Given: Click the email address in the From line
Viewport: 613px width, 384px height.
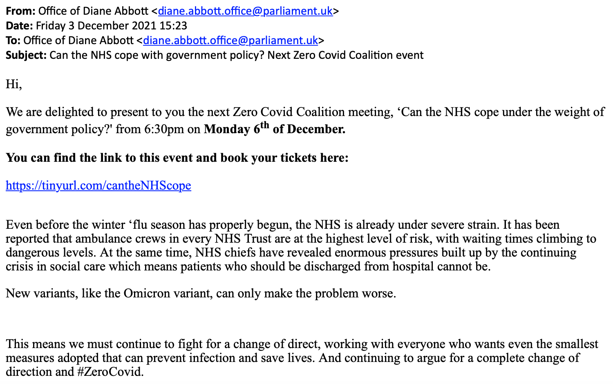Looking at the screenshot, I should (245, 11).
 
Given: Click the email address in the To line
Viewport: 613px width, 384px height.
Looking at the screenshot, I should (230, 40).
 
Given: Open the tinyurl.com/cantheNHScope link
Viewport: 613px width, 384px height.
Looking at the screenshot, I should (98, 185).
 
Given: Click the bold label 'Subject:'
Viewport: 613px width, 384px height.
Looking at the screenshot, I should (26, 55).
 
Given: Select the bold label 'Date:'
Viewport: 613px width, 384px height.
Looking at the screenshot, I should (19, 26).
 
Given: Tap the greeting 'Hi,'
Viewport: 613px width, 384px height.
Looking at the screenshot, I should (13, 84).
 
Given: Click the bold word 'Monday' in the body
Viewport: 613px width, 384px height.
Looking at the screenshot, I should (226, 129).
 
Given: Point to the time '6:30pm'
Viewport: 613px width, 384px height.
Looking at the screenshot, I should (164, 129).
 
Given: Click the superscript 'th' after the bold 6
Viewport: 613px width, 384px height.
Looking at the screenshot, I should (265, 125).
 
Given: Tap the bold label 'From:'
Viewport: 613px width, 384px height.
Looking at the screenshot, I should (20, 11).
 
